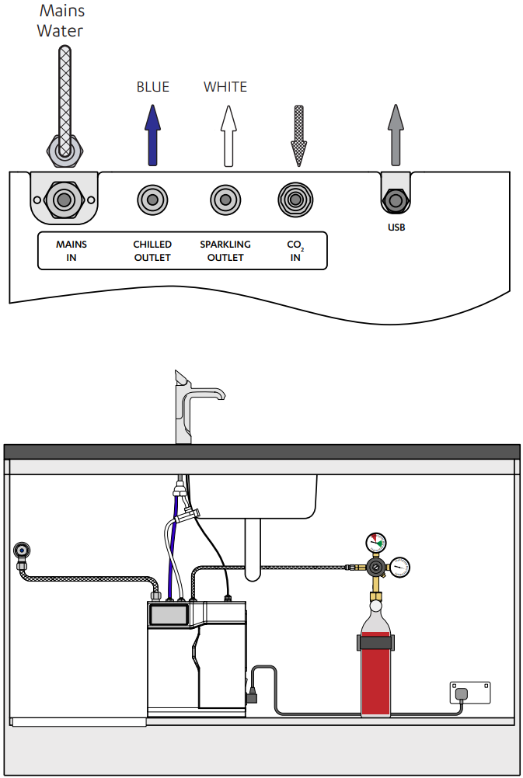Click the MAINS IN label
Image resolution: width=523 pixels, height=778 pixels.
point(71,251)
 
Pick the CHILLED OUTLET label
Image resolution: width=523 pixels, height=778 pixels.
point(152,251)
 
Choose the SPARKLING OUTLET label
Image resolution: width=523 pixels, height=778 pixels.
point(225,251)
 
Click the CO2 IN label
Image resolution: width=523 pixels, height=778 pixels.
point(295,251)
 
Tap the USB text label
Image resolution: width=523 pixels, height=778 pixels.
point(396,227)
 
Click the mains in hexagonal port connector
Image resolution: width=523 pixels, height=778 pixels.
point(63,200)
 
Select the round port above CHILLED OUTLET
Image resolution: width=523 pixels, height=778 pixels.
point(152,200)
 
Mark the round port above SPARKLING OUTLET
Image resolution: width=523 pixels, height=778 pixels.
point(225,200)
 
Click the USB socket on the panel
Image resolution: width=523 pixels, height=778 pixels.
point(396,201)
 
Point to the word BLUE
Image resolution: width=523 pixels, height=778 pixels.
point(152,87)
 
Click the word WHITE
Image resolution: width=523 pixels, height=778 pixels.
point(225,87)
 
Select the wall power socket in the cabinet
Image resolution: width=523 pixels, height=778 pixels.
point(469,693)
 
